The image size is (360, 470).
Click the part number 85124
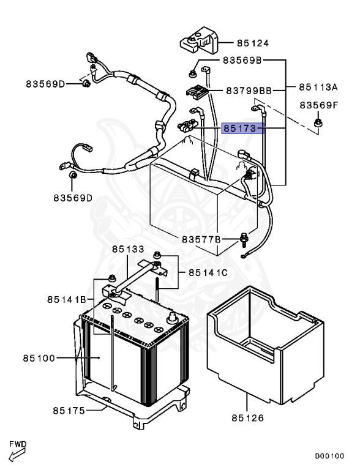(253, 43)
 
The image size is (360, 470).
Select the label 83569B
(242, 61)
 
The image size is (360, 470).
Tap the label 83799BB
(249, 91)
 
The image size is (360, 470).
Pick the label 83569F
(319, 105)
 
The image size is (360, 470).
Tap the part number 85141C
(209, 272)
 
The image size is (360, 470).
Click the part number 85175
(68, 409)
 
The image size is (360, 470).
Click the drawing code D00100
(329, 456)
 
